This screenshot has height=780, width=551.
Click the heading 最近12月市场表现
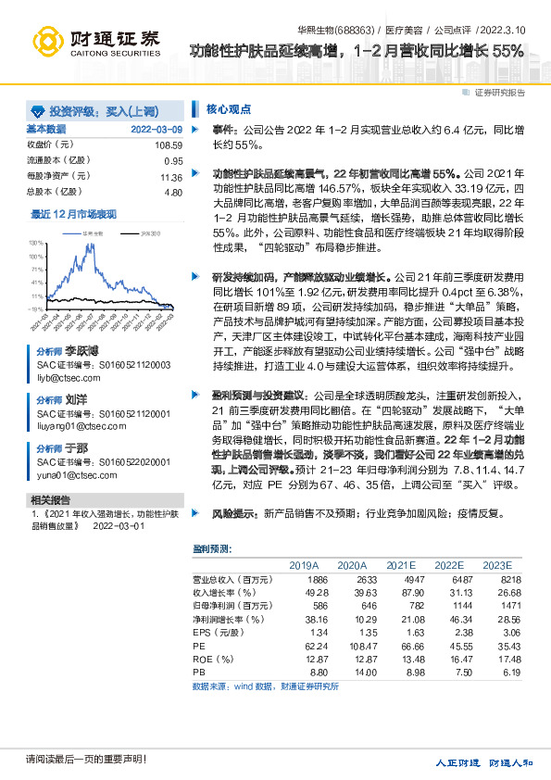pos(73,213)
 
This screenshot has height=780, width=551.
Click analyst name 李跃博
pos(81,353)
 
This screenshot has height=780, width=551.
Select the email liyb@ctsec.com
pos(63,379)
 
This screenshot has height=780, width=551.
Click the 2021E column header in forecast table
pos(400,564)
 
